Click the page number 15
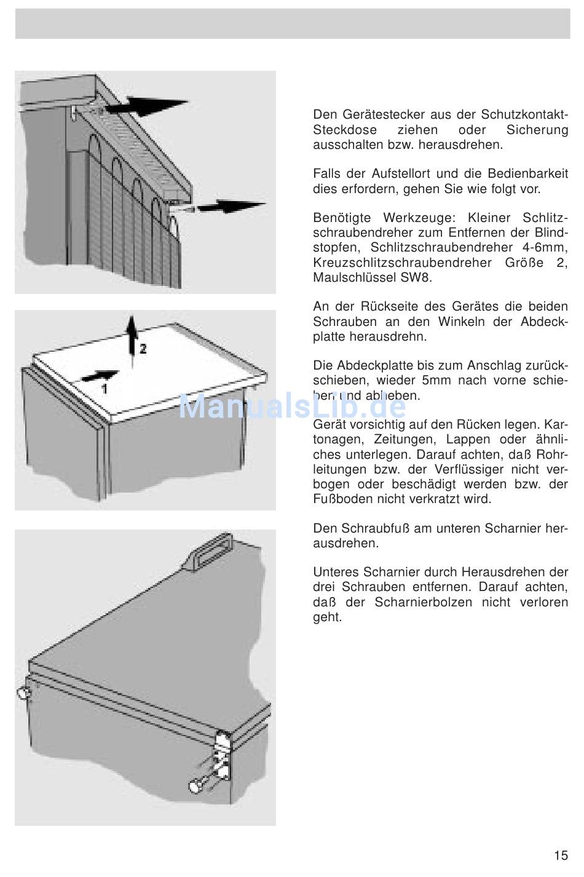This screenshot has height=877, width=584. (x=561, y=855)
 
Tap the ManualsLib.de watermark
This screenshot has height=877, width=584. (x=293, y=407)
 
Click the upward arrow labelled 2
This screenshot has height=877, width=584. (x=132, y=341)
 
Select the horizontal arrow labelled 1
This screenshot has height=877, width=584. (x=100, y=376)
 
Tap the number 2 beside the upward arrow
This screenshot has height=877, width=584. (x=143, y=349)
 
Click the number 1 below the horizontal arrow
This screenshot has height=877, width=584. (x=104, y=389)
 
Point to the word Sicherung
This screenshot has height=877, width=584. (x=537, y=130)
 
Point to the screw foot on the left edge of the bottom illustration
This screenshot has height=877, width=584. (x=24, y=692)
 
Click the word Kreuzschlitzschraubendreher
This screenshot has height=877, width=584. (x=402, y=263)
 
